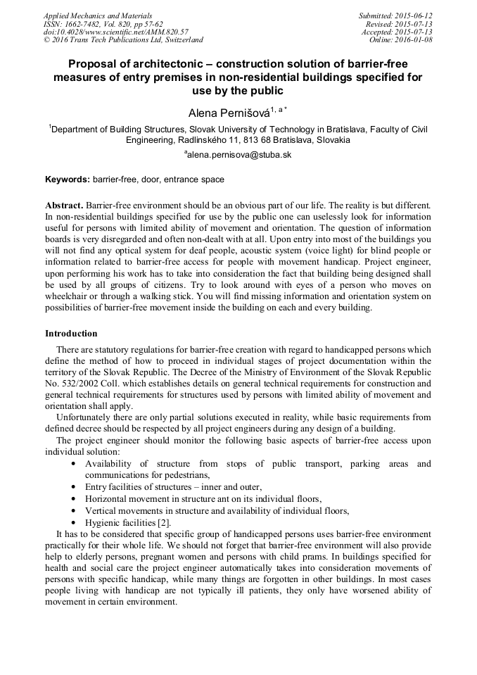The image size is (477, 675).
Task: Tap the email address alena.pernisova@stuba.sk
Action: pyautogui.click(x=238, y=154)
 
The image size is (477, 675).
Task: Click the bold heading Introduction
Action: pyautogui.click(x=71, y=333)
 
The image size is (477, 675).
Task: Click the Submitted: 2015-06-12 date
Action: pyautogui.click(x=396, y=15)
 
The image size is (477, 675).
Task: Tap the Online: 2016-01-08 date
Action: pyautogui.click(x=401, y=40)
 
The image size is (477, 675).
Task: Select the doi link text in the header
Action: pyautogui.click(x=116, y=32)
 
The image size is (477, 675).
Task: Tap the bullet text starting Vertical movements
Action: pyautogui.click(x=217, y=510)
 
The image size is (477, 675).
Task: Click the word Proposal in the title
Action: pyautogui.click(x=93, y=64)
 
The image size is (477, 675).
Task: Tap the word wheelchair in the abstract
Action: pyautogui.click(x=70, y=298)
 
